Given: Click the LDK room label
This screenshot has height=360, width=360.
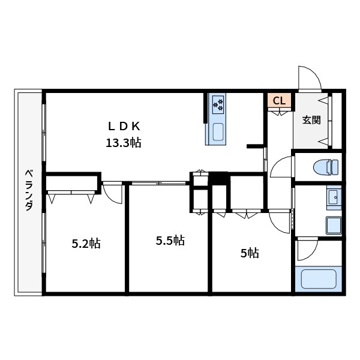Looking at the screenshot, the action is click(x=124, y=126).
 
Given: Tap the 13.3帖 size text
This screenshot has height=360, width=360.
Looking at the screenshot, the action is click(x=123, y=143).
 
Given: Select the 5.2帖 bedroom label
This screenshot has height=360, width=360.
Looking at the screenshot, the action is click(x=86, y=244).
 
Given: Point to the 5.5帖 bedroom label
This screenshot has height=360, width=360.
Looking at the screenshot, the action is click(x=170, y=241).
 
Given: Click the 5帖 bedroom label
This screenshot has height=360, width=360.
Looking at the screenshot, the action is click(x=250, y=253).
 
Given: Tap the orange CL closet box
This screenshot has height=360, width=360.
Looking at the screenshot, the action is click(x=279, y=100).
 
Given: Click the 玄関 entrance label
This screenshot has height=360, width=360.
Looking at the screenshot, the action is click(x=311, y=120).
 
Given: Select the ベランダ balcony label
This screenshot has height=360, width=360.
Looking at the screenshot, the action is click(x=29, y=190).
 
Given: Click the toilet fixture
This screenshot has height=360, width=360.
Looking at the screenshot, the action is click(x=326, y=167).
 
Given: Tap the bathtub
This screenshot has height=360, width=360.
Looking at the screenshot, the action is click(x=319, y=279).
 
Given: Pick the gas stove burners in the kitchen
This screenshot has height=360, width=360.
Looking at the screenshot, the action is click(x=218, y=104).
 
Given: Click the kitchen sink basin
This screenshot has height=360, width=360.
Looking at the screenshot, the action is click(x=218, y=132).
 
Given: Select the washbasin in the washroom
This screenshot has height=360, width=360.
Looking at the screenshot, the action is click(x=334, y=197).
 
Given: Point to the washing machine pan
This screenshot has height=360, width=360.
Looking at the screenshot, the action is click(x=334, y=225).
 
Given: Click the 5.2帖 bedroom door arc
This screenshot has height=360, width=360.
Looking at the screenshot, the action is click(x=110, y=199).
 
